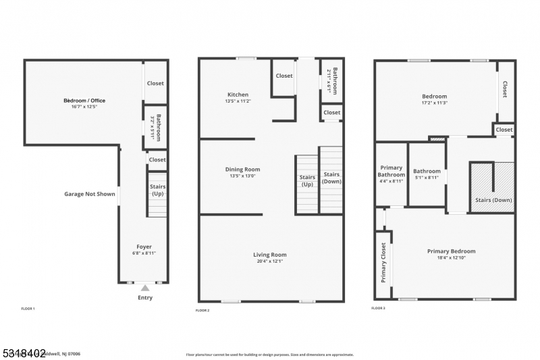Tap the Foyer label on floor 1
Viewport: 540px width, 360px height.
point(144,247)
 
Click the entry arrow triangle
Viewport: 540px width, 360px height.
point(144,288)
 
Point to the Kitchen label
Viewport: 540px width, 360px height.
point(238,95)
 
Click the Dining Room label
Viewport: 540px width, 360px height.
point(242,170)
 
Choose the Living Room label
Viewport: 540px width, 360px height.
point(270,255)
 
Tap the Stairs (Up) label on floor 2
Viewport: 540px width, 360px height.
point(307,180)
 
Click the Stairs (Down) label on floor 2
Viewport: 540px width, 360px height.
point(331,178)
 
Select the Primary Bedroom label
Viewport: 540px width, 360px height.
point(451,251)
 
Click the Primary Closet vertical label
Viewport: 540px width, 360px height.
point(383,262)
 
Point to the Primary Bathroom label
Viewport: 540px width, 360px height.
point(391,172)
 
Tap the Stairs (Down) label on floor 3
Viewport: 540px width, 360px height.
point(493,200)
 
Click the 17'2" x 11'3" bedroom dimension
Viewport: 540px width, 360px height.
point(434,103)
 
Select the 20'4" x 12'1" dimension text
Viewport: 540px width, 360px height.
point(270,261)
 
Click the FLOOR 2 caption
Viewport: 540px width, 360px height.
point(202,310)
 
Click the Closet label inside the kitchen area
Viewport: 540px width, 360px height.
point(284,76)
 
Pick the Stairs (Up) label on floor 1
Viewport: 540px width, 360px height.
point(157,190)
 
